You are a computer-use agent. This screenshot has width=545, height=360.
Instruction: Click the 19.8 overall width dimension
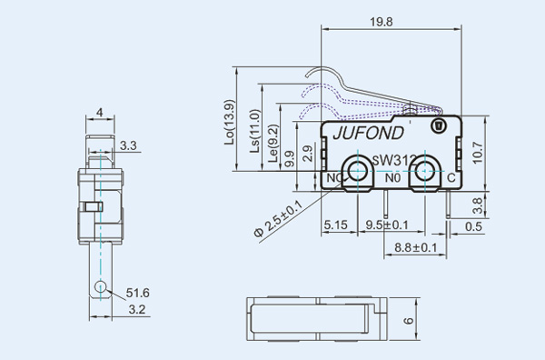[x=381, y=22]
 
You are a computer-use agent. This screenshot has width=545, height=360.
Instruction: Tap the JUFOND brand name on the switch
[x=369, y=134]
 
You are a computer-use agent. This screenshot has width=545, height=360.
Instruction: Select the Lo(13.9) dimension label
[x=230, y=123]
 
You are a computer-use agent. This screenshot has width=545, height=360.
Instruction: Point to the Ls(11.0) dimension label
[x=255, y=131]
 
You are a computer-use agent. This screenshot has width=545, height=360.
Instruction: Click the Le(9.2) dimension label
[x=274, y=143]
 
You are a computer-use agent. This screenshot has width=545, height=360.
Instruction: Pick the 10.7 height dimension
[x=478, y=153]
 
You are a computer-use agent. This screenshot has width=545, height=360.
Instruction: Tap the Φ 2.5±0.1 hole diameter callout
[x=279, y=219]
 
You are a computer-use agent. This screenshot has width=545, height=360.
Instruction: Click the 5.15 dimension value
[x=336, y=225]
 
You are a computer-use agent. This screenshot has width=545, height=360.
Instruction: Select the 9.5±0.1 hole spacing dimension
[x=387, y=225]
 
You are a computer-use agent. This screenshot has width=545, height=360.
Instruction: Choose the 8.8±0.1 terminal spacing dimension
[x=416, y=247]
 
